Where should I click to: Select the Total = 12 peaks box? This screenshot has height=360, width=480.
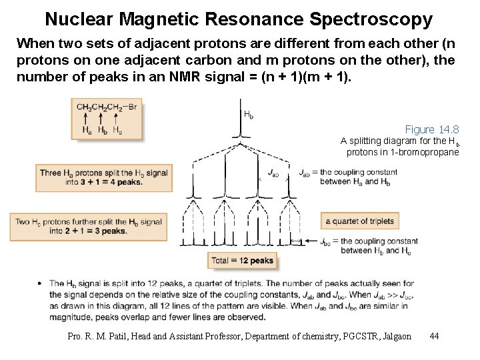(243, 261)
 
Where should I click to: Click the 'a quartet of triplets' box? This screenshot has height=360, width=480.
(360, 221)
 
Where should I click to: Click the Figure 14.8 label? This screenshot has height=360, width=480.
(432, 129)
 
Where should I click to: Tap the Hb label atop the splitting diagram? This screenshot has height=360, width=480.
(249, 115)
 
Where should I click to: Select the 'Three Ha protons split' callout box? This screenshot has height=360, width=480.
(103, 177)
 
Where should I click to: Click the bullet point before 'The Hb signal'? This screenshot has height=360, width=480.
(41, 283)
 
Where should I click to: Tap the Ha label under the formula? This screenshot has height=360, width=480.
(87, 130)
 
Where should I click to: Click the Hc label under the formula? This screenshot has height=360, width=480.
(117, 130)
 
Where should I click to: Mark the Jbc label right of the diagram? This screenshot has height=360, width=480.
(325, 241)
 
